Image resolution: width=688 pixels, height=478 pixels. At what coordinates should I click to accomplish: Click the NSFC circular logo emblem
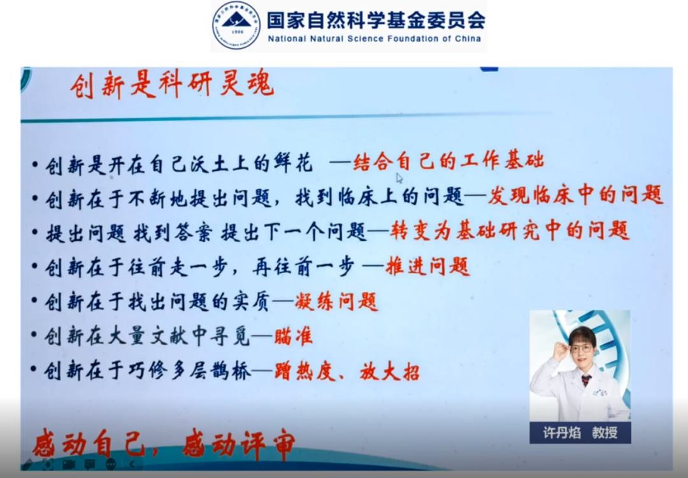236,25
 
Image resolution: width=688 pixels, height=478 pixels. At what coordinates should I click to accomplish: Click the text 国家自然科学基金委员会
376,19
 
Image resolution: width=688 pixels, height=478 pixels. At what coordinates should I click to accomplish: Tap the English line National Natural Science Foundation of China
375,39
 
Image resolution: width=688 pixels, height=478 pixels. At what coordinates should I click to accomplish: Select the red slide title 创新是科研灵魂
172,84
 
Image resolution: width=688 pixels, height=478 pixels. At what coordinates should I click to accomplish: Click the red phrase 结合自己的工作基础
448,161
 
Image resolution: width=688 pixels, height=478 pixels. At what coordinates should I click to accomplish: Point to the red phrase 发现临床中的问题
575,195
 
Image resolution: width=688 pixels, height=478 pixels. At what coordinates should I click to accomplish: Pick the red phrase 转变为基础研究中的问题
510,230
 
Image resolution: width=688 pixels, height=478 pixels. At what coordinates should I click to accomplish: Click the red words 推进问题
427,266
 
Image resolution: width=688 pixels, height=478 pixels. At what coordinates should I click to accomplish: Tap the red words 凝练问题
336,301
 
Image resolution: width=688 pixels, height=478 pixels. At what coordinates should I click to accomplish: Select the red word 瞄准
293,337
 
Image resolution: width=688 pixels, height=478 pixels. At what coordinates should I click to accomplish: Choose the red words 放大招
389,372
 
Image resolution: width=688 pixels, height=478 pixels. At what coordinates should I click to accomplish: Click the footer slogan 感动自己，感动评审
164,445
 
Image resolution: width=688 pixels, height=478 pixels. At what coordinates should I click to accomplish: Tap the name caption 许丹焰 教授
580,432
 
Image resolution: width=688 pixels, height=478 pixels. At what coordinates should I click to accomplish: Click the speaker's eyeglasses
582,349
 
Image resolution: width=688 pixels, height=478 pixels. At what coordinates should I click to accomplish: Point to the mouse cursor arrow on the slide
399,178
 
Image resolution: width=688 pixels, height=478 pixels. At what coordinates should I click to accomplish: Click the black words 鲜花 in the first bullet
292,163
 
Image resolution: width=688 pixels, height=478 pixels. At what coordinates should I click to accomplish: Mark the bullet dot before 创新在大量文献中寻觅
34,335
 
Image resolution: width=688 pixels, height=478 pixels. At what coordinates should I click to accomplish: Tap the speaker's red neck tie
586,380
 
